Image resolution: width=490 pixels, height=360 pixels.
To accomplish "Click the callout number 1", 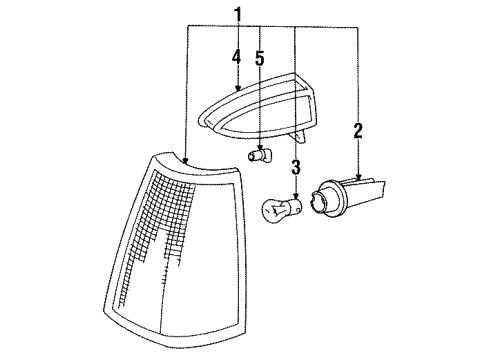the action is click(x=238, y=14).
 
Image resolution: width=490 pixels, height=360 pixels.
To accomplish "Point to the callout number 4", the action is click(x=236, y=57).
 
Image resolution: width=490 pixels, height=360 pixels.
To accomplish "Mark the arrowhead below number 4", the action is click(x=236, y=90).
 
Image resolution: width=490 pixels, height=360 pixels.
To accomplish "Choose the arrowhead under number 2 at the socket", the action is click(x=358, y=176).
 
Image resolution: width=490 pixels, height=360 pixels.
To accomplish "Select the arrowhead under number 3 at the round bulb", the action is click(x=296, y=196).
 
